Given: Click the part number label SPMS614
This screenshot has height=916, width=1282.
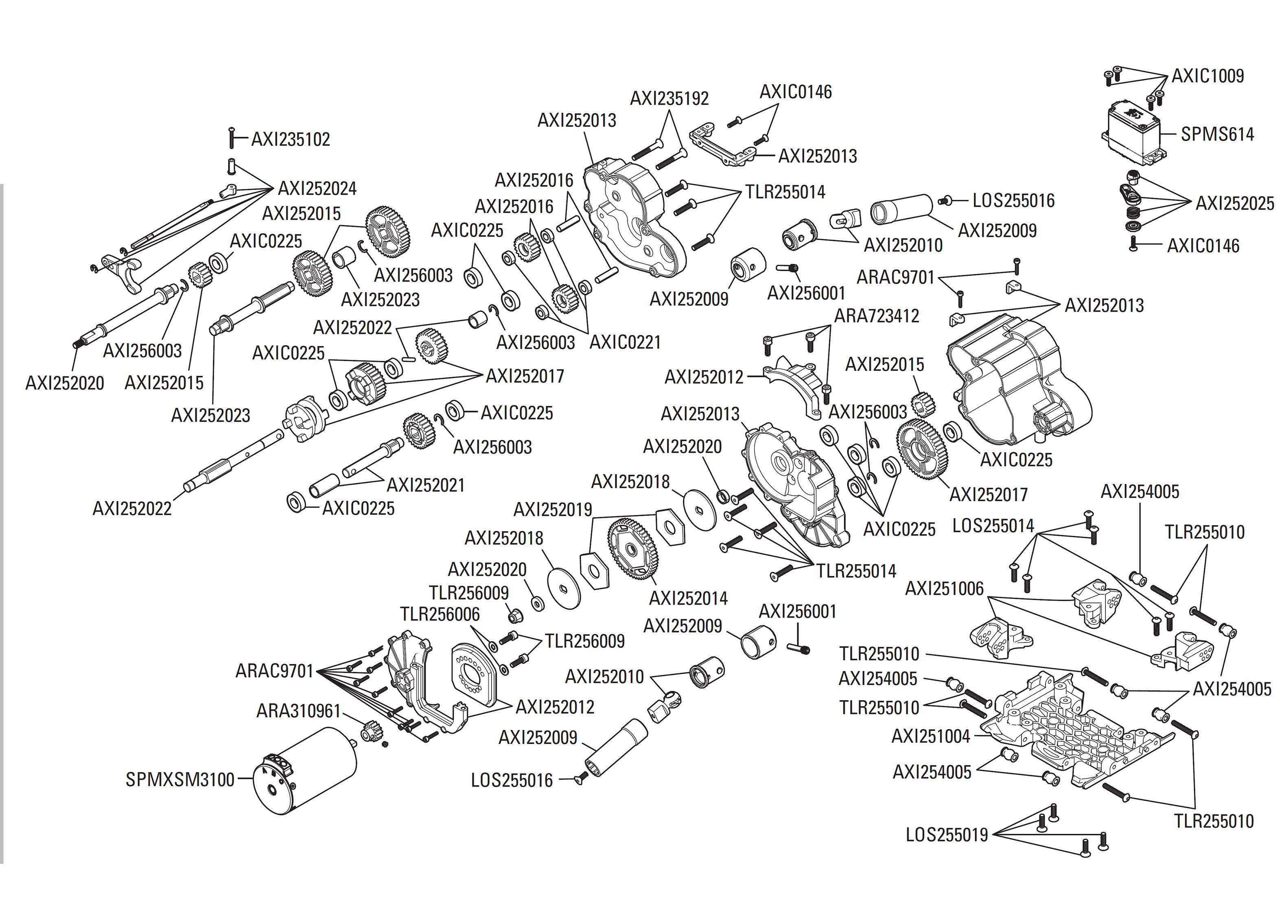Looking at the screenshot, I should coord(1217,134).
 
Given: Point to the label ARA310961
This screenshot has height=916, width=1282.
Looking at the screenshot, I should coord(298,711).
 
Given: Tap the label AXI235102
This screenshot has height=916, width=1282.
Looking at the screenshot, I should coord(290,139).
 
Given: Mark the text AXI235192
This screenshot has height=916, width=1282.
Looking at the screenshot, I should coord(669,99).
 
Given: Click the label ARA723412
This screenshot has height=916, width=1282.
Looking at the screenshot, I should coord(876,316).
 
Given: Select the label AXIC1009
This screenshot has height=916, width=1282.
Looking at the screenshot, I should coord(1208,76).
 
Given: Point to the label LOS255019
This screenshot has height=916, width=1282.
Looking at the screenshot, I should coord(947,835).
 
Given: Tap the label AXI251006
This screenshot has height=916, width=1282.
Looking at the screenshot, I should coord(944,589).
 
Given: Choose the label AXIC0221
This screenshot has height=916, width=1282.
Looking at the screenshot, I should coord(625,342).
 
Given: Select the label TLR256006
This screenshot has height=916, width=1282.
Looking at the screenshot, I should coord(440,614).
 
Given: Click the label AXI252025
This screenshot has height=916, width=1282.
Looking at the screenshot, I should coord(1235,203).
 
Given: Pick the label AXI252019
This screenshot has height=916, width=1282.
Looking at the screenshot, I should coord(553,510).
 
